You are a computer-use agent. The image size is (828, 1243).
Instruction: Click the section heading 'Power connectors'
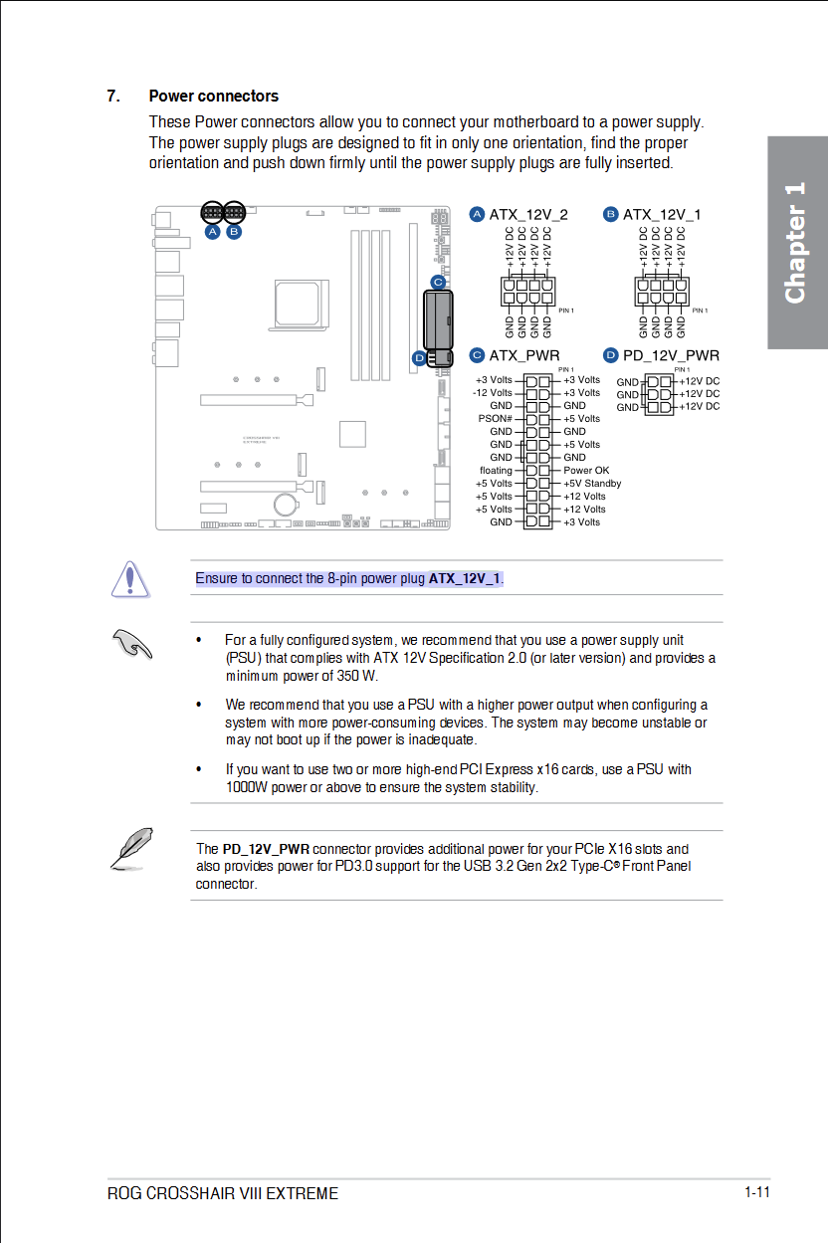[213, 97]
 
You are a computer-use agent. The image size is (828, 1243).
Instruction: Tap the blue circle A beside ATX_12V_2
[477, 215]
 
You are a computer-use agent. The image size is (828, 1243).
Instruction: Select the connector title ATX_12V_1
[661, 215]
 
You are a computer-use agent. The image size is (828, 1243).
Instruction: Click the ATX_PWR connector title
[523, 355]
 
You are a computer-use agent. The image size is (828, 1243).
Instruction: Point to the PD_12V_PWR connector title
[670, 355]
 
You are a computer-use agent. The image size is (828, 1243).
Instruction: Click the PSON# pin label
[495, 419]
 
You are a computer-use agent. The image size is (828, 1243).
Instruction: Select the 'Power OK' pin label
[586, 471]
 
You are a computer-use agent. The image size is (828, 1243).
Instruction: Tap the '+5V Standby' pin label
[592, 484]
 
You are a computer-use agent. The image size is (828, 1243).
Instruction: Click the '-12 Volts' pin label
[493, 393]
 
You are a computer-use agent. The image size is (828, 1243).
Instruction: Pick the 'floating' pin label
[496, 471]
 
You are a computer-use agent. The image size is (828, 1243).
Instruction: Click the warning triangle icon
[130, 579]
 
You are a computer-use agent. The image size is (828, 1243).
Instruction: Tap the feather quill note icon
[130, 848]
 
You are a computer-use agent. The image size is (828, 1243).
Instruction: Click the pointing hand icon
[131, 644]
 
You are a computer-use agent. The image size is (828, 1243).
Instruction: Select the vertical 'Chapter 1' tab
[796, 243]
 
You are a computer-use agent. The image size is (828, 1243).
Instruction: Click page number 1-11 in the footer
[756, 1192]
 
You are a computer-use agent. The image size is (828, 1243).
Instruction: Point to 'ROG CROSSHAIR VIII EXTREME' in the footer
[223, 1193]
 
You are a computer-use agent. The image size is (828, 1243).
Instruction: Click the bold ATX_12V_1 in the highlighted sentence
[465, 579]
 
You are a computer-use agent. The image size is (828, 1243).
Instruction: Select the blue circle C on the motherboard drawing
[437, 282]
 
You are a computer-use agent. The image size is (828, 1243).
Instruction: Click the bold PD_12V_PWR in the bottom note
[266, 849]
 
